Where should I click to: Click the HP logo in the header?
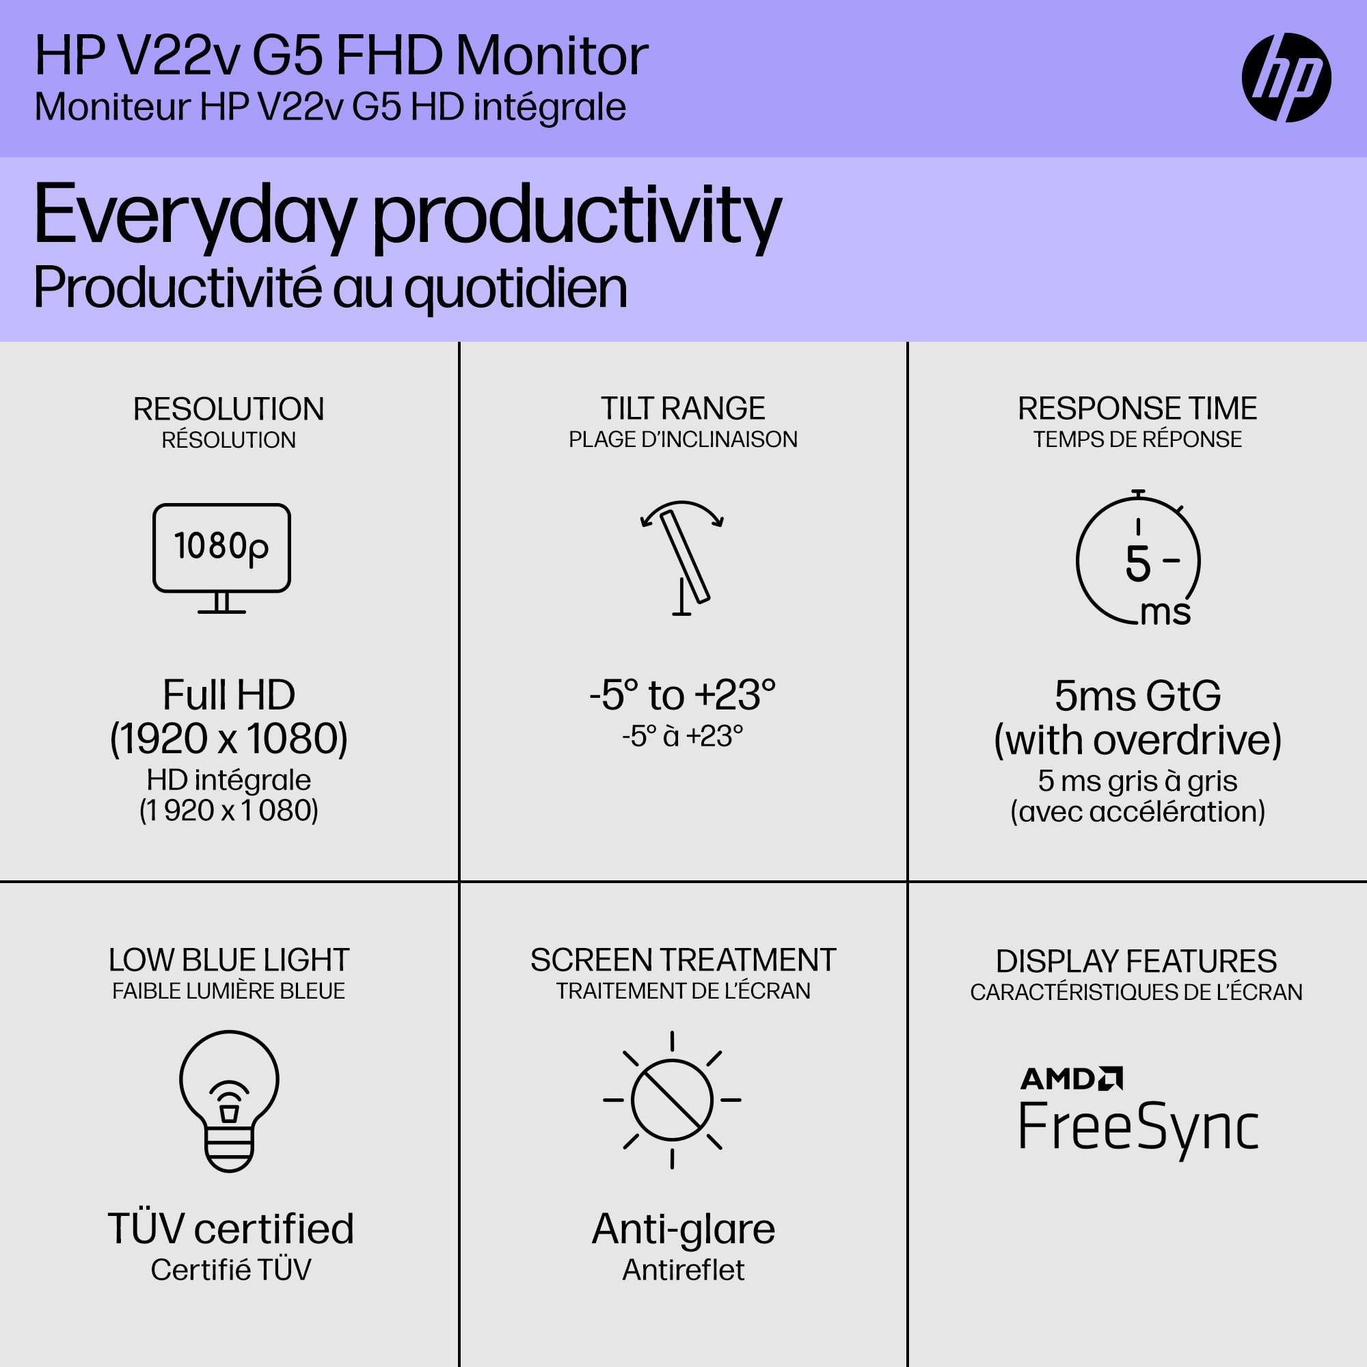pos(1286,77)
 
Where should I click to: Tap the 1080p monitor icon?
pos(221,558)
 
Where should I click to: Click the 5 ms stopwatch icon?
pos(1138,559)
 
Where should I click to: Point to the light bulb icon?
pos(228,1100)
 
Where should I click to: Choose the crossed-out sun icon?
pos(671,1100)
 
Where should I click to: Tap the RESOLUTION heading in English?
pos(228,409)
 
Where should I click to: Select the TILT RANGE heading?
pos(683,408)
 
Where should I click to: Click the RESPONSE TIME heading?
pos(1137,408)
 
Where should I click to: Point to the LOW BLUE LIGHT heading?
pos(228,960)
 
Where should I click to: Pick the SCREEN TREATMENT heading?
pos(683,960)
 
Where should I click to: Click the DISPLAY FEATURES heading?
pos(1137,962)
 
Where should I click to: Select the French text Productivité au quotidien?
pos(330,288)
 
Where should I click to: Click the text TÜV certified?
pos(230,1228)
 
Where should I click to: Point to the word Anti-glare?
pos(683,1229)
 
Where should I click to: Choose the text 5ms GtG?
pos(1138,696)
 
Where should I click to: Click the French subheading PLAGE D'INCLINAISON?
pos(683,439)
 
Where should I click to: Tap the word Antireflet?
pos(683,1270)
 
